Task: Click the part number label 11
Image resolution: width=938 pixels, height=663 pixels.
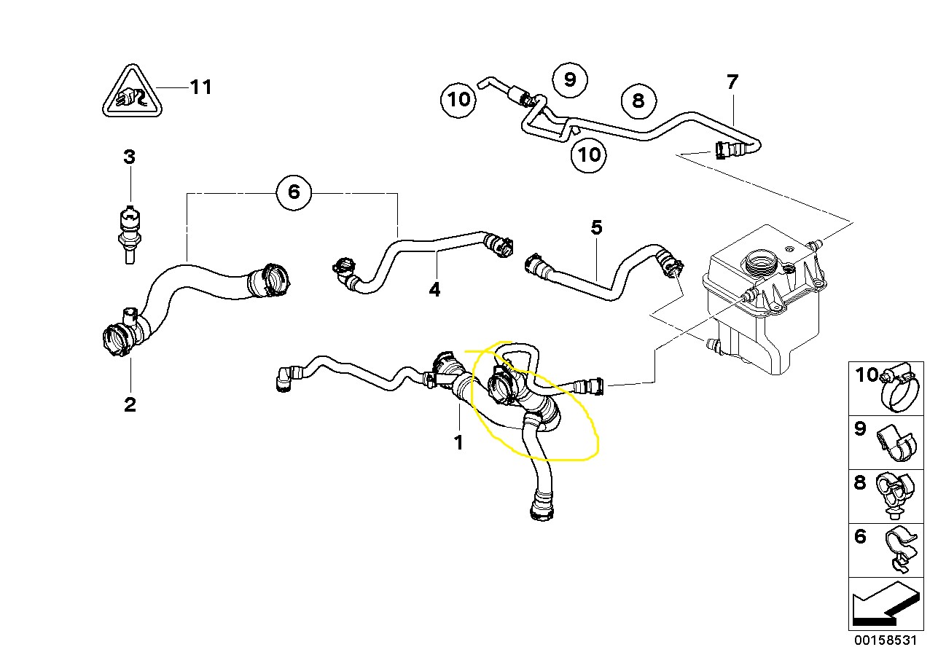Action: [200, 87]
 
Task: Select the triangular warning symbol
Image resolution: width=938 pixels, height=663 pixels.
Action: [131, 94]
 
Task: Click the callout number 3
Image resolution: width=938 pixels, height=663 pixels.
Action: [129, 157]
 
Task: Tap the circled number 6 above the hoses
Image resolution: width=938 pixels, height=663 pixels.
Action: [293, 192]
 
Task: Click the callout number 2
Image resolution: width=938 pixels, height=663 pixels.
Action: [130, 404]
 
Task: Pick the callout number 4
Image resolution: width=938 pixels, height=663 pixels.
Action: [434, 290]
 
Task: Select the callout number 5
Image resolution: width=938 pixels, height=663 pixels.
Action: [596, 228]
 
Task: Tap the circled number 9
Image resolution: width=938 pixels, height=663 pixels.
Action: [570, 78]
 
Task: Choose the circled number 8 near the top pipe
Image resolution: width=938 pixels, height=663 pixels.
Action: [638, 100]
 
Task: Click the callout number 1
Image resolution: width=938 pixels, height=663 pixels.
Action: [458, 442]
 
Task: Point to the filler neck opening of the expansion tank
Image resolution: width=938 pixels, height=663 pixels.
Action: [759, 260]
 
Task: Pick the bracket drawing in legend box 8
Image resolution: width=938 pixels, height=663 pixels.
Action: [896, 495]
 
